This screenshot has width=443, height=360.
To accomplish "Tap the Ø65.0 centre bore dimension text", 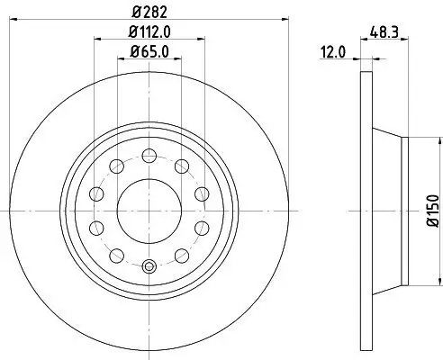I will pos(149,51).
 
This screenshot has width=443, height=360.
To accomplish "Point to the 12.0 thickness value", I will pos(335,52).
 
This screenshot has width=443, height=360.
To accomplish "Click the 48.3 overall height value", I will pos(384,31).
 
